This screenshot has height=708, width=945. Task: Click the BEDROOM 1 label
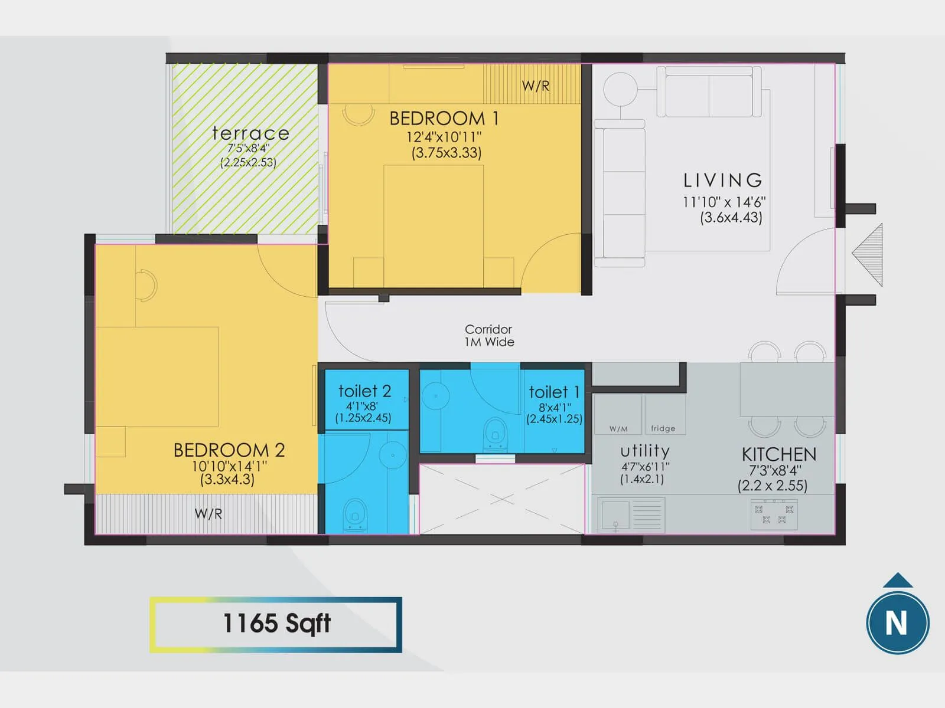coord(444,119)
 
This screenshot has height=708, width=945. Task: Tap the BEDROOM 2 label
coord(229,450)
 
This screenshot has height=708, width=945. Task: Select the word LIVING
coord(722,180)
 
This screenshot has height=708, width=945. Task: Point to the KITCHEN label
coord(778,454)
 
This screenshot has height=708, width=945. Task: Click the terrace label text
coord(250,133)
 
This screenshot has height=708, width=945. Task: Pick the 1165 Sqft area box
coord(276,624)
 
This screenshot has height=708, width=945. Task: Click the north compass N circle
coord(897,623)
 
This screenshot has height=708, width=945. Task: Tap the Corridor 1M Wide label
coord(489,336)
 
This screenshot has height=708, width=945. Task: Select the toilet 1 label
coord(554,392)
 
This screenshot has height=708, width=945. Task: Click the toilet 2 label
coord(364,391)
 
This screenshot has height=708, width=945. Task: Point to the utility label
coord(644,451)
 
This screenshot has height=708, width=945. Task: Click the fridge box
coord(664,415)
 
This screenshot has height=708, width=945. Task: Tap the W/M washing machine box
coord(617,415)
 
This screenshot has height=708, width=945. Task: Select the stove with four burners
coord(774,514)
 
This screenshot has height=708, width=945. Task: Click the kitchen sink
coord(615,514)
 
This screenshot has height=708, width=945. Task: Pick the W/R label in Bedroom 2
coord(208,514)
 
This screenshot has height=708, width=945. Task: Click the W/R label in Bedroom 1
coord(535,86)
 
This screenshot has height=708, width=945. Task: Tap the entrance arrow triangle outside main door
coord(869,255)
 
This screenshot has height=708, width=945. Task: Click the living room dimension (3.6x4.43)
coord(731,217)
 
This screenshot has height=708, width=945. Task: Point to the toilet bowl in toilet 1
coord(495,434)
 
